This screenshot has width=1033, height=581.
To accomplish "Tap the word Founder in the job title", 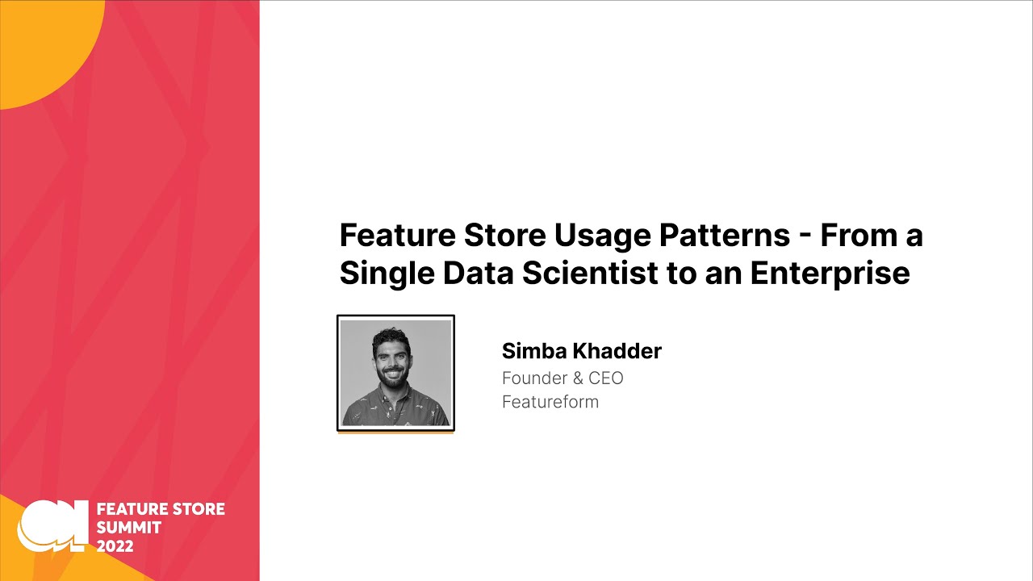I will tap(535, 378).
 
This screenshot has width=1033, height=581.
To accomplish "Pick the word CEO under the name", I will tap(604, 378).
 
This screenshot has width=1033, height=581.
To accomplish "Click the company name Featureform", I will tap(550, 402).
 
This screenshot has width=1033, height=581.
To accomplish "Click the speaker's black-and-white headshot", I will tap(395, 373).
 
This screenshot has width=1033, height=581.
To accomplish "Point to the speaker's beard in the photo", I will tap(392, 376).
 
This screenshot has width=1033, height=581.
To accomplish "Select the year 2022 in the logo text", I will tap(115, 546).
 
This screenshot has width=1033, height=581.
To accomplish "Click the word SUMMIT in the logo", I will tap(129, 528).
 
